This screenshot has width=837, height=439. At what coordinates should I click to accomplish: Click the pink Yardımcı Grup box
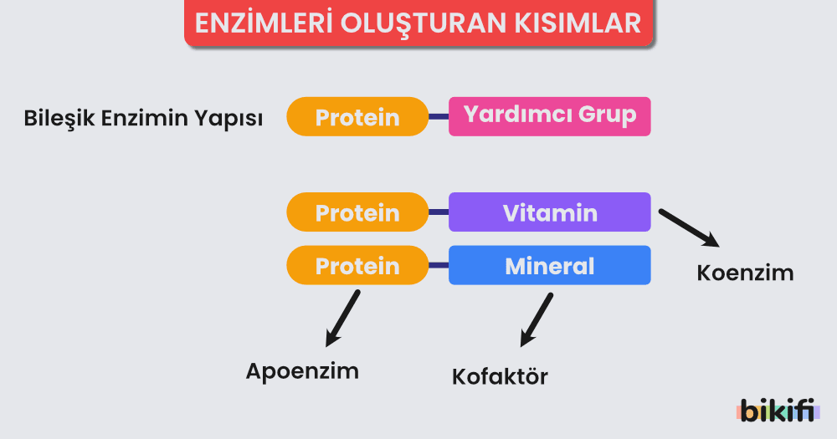coord(550,115)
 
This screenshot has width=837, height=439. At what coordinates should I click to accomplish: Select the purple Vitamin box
coord(550,212)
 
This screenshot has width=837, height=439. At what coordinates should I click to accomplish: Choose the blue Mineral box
coord(550,265)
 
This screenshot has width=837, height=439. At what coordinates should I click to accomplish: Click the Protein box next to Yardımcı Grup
coord(357,117)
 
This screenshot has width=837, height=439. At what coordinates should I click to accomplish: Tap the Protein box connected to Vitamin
coord(357,213)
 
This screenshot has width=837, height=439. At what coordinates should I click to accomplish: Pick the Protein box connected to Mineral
coord(357,265)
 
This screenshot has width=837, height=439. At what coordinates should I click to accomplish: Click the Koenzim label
coord(745,273)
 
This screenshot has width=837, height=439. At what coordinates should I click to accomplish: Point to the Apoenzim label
coord(302,370)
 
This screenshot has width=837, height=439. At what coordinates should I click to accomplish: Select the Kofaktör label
coord(500,375)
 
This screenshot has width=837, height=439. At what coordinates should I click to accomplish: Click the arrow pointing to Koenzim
coord(689,227)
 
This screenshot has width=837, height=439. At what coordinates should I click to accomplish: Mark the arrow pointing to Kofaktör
coord(537,319)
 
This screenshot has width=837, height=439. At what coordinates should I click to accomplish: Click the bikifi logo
coord(778,411)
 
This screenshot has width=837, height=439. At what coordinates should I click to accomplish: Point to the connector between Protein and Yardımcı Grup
coord(439,117)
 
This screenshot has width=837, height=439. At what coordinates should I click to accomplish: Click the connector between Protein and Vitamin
coord(439,213)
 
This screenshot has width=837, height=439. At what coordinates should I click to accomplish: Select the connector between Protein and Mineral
coord(439,265)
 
